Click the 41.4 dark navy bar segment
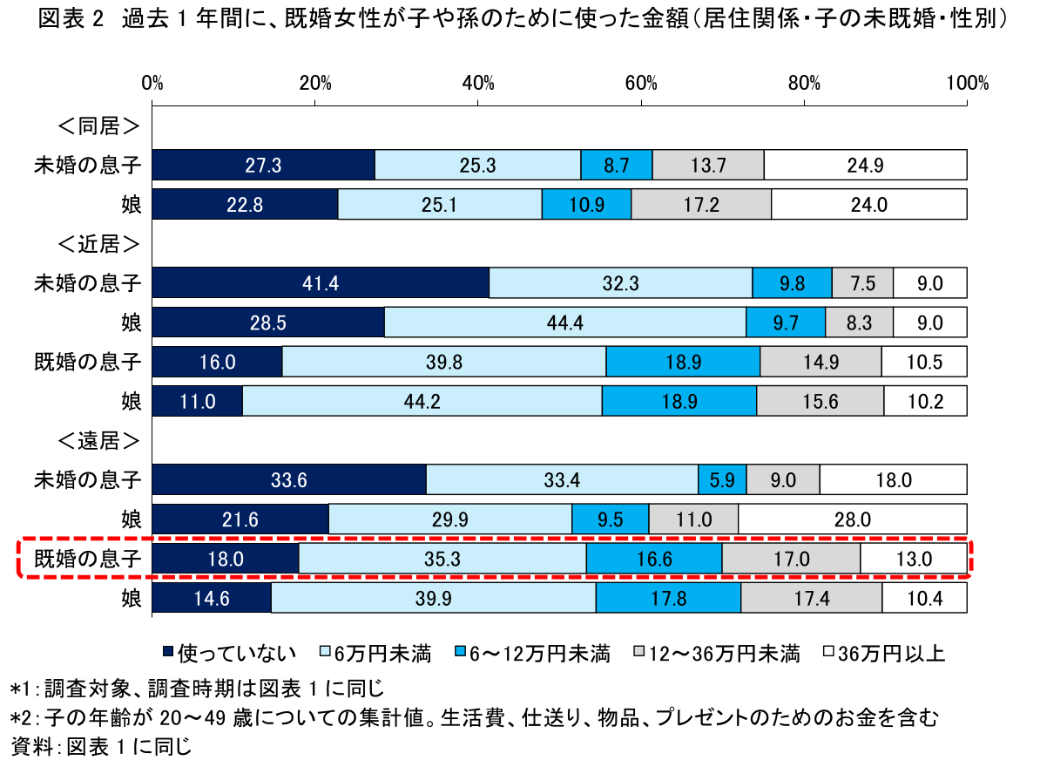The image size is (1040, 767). (321, 282)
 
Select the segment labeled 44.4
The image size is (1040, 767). (564, 322)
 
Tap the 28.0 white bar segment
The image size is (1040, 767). (852, 519)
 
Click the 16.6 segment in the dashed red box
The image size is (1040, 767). (653, 559)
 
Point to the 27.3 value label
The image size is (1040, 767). (263, 164)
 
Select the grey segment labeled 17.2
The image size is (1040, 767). (700, 204)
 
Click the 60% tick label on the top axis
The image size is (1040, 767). (641, 84)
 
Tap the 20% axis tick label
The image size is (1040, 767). (315, 84)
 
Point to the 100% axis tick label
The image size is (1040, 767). (967, 84)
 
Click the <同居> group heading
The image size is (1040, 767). (98, 126)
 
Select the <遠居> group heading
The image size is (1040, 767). (98, 441)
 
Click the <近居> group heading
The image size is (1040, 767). (98, 243)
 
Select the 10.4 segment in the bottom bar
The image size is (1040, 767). (923, 599)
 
